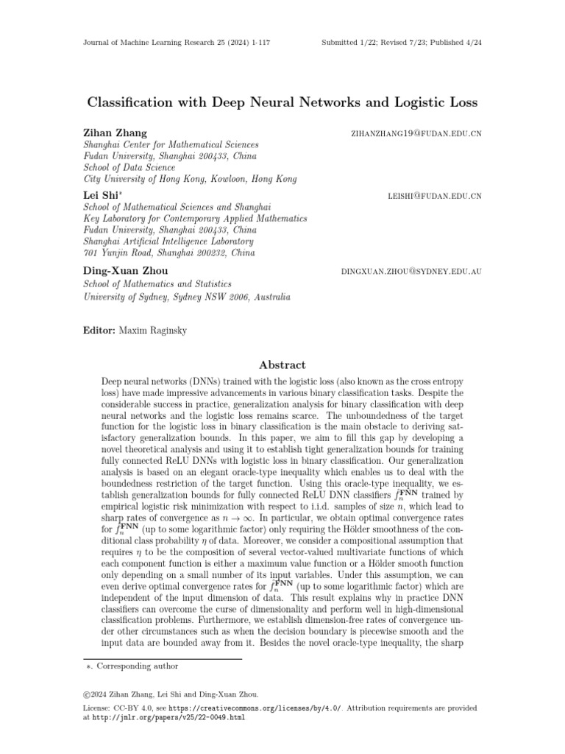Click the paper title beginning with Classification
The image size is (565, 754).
point(282,102)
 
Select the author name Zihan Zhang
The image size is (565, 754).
point(116,133)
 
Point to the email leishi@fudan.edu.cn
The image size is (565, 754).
point(434,197)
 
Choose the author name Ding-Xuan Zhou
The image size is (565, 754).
point(126,271)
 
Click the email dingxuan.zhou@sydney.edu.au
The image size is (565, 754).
point(411,272)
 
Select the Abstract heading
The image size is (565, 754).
point(282,365)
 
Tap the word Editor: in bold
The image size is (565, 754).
point(100,331)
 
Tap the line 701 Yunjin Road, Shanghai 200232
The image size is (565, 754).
point(170,253)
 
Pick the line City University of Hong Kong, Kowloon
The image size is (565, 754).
point(191,179)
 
